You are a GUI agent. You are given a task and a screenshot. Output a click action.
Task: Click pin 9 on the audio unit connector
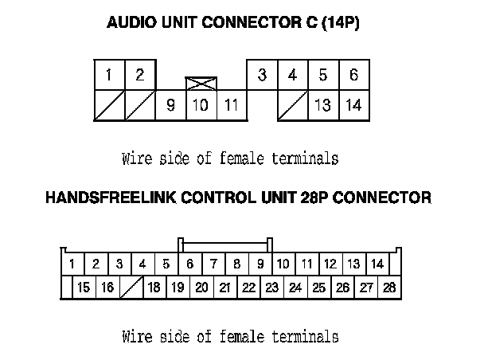click(170, 105)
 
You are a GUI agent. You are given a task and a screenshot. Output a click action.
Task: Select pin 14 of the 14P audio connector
click(354, 105)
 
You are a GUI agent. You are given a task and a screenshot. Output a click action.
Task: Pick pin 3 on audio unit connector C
click(262, 76)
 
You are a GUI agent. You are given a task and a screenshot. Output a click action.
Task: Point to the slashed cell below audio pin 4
click(293, 105)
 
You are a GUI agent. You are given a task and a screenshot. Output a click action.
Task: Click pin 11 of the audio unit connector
click(232, 105)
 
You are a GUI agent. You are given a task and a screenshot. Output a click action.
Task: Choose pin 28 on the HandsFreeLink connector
click(388, 288)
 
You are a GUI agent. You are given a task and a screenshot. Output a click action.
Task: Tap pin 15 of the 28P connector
click(84, 288)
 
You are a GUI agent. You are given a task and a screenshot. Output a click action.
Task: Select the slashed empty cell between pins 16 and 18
click(131, 288)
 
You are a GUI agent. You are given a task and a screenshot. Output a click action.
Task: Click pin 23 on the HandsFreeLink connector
click(271, 288)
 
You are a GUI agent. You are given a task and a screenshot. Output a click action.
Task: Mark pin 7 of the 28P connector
click(213, 264)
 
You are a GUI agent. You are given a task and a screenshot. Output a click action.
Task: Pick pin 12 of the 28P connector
click(330, 264)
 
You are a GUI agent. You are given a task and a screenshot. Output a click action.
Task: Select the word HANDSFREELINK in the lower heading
click(108, 197)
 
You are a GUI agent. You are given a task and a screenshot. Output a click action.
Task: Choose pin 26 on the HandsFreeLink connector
click(342, 288)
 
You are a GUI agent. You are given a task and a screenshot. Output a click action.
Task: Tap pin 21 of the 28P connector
click(224, 288)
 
